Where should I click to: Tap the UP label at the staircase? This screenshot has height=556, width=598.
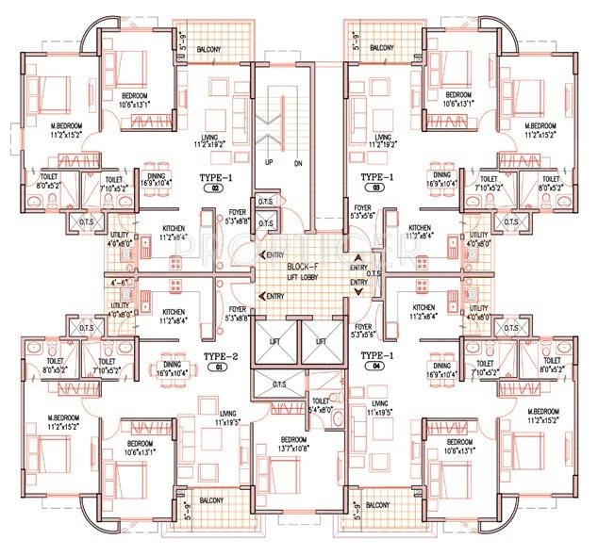pos(269,162)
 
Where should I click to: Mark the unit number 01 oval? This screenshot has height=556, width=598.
pos(215,368)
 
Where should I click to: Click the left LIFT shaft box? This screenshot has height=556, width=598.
pos(275,342)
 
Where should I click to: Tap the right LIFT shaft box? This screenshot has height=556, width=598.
pos(321,342)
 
